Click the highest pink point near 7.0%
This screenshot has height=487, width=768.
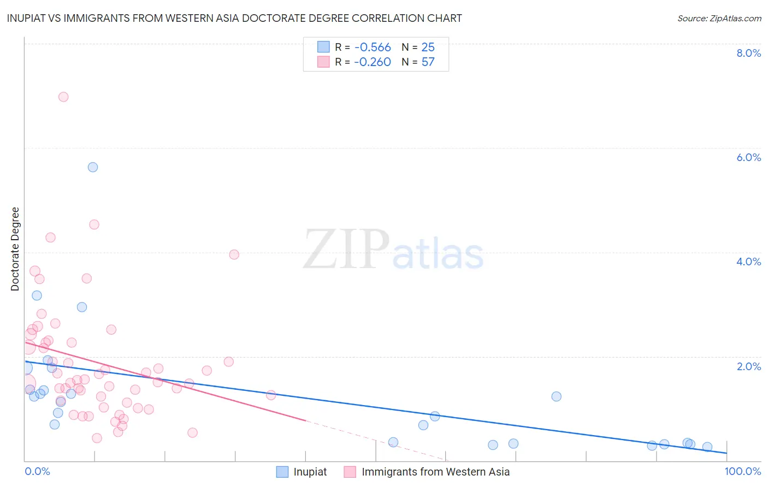63,97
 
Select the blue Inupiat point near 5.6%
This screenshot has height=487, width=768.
93,167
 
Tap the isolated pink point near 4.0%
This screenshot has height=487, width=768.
234,254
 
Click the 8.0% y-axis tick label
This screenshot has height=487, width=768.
748,53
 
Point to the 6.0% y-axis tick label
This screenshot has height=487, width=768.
748,157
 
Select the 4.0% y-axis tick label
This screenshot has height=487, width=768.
748,262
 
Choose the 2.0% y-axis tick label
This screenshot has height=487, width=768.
748,366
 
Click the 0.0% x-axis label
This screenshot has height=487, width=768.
37,471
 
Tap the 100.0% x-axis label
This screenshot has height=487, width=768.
742,471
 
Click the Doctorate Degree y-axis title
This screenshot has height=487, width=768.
15,249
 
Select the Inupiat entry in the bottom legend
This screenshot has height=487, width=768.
310,472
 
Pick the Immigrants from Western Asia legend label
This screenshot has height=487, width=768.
435,472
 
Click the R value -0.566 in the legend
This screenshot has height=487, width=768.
373,47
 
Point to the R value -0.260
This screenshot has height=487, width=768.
373,62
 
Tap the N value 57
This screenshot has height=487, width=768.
428,62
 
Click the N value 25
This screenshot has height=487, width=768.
428,47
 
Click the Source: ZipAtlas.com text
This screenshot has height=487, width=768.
719,19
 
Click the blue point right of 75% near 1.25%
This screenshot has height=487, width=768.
556,396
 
